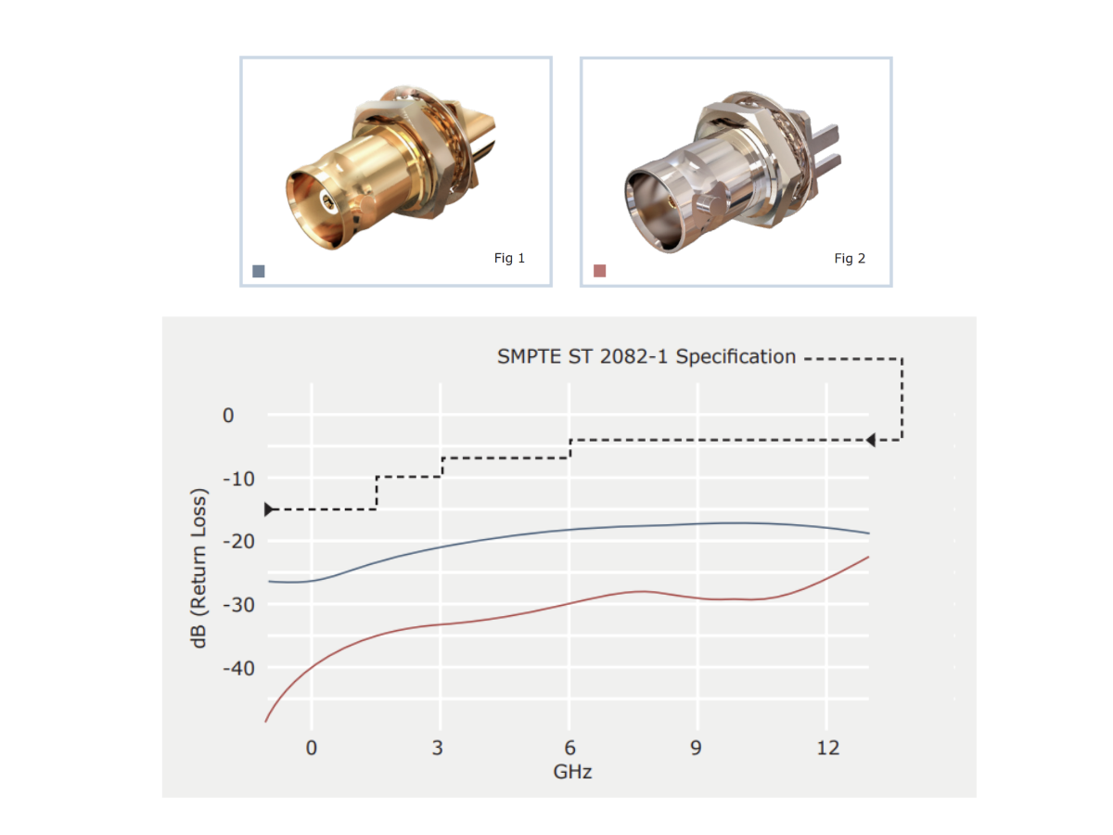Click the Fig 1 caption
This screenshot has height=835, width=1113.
(508, 258)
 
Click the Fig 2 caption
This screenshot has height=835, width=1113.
(850, 259)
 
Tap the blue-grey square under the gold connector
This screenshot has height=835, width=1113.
(259, 271)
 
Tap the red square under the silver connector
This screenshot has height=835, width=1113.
(599, 271)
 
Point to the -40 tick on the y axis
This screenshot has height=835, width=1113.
(238, 668)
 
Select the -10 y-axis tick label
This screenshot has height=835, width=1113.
(238, 479)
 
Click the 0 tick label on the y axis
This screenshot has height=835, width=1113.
(228, 416)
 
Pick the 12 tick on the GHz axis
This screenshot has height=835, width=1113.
(827, 748)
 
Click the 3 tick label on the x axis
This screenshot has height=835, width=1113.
(438, 748)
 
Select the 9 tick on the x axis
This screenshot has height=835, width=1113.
(697, 748)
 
